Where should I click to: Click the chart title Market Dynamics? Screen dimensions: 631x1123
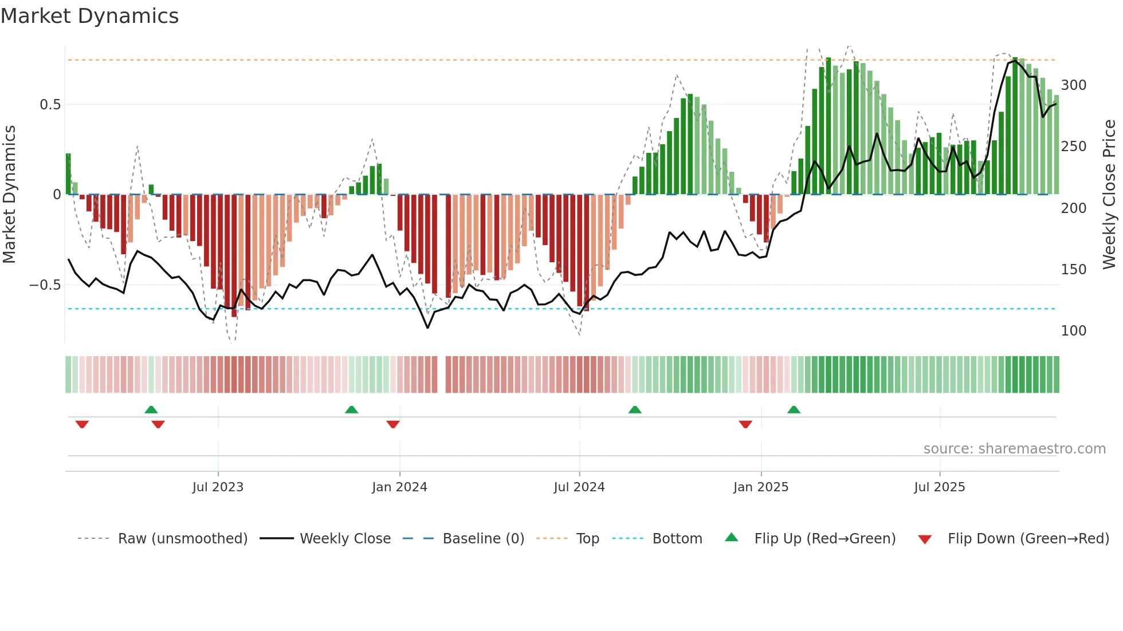89,16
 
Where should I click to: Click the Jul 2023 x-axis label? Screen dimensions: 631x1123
218,487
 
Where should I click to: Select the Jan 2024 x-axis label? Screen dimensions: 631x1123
399,487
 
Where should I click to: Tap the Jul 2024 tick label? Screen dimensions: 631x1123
579,487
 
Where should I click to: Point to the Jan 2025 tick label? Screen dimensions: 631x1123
761,487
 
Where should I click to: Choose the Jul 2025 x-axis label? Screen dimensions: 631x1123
940,487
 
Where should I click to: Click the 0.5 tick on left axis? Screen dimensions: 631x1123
50,105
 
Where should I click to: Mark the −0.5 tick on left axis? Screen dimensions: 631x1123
45,285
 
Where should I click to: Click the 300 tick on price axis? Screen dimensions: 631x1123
1073,85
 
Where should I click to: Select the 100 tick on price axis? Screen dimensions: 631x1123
1073,331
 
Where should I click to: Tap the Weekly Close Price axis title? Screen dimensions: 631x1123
1109,195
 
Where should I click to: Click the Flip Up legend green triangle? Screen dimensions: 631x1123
732,538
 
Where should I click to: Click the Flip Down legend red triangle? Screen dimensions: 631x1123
925,539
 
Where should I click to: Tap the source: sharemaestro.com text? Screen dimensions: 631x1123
1014,449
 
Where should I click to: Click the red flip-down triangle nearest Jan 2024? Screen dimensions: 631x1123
393,424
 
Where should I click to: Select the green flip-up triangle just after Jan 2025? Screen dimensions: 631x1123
794,410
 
